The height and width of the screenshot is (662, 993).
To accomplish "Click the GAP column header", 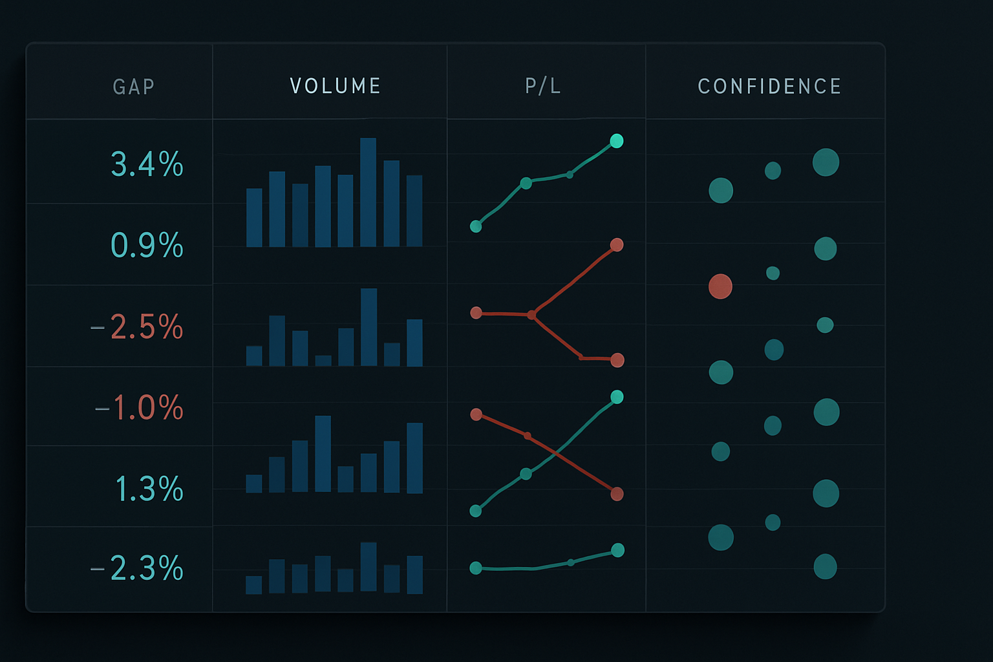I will [134, 87].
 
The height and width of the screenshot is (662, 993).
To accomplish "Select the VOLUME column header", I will [335, 86].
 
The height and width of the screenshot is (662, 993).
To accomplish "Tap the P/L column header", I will [543, 86].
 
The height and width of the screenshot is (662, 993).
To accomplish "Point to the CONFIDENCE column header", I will [769, 87].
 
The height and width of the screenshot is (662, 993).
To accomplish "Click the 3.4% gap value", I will [147, 164].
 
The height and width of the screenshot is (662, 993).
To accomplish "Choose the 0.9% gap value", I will [147, 246].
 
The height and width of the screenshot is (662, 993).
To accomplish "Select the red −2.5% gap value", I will [138, 327].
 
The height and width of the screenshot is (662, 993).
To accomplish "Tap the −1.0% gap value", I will [140, 408].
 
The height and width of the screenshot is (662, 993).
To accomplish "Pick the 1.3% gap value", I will [149, 489].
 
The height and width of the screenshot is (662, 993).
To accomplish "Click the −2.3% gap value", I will [138, 569].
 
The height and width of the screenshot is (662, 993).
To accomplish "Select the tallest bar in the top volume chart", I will [368, 192].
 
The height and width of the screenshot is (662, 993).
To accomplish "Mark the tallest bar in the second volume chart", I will [368, 327].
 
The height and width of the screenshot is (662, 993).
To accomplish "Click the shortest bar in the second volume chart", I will [323, 361].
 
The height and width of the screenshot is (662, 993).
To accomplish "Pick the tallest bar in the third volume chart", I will [323, 454].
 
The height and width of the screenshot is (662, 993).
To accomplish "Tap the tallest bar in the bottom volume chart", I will [368, 567].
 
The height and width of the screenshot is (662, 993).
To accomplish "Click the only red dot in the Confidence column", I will [720, 286].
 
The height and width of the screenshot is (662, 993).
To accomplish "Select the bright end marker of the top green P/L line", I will [617, 141].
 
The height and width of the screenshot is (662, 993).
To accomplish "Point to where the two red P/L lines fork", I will [531, 315].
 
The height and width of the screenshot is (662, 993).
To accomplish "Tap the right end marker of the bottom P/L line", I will [617, 550].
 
